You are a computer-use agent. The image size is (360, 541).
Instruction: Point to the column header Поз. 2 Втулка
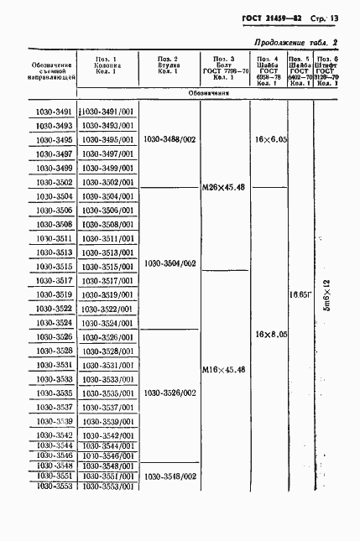click(170, 65)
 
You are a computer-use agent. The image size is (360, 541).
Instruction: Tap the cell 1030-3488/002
click(170, 139)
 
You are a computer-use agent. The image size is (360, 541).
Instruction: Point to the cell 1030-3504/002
click(170, 263)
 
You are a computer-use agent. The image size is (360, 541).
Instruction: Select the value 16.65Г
click(300, 294)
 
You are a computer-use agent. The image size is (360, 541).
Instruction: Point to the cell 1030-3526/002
click(170, 393)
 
